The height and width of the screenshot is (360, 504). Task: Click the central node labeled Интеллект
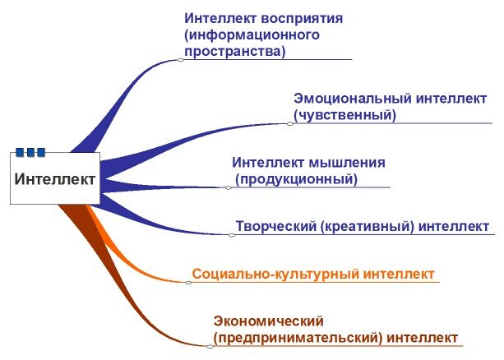tap(55, 178)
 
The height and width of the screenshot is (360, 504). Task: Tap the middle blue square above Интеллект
tap(30, 152)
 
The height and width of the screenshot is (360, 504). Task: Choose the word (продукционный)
tap(297, 178)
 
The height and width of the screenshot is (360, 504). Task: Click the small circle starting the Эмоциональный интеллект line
tap(290, 123)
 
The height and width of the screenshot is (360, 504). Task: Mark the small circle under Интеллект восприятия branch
tap(181, 59)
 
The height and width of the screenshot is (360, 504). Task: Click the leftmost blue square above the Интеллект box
tap(20, 152)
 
